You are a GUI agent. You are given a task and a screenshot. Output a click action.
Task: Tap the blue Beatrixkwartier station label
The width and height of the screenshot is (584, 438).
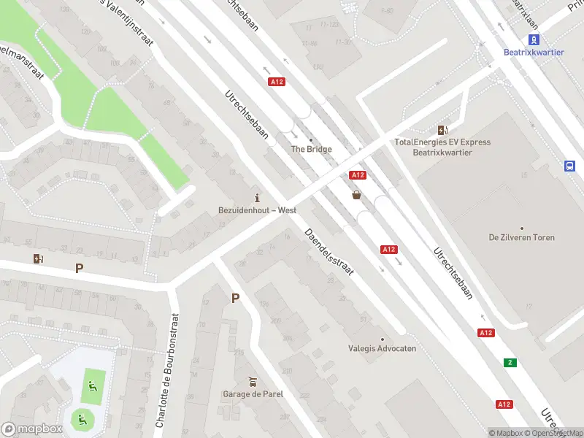coord(534,53)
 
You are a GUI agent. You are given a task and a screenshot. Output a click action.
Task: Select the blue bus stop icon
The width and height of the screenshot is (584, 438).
coord(569,166)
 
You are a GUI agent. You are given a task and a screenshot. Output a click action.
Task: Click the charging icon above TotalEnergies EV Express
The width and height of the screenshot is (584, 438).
coord(442,130)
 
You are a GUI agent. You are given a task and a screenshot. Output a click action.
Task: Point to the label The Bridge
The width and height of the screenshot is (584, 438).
coord(311,149)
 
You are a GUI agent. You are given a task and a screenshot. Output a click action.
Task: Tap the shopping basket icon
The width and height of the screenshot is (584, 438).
coord(357,195)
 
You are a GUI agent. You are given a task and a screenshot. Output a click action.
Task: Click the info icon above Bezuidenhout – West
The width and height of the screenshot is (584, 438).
coord(257,198)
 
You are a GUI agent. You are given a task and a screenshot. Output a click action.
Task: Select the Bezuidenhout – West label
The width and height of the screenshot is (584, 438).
coord(257,210)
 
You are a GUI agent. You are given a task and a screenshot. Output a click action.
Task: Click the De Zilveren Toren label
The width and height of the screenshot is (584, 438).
coord(521,237)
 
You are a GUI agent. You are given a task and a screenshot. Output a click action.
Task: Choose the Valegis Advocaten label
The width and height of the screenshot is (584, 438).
coord(382,348)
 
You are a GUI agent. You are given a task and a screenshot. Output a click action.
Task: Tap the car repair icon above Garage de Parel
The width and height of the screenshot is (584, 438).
coord(253,382)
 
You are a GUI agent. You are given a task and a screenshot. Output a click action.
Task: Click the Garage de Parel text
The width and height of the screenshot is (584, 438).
coord(253,394)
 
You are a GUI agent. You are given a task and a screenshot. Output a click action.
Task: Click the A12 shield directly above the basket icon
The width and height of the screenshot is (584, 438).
coord(357,175)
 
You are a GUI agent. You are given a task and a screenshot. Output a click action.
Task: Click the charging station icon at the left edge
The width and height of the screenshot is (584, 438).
coord(38,258)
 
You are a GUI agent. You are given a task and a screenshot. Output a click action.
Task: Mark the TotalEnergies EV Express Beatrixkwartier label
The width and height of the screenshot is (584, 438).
coord(442,147)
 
